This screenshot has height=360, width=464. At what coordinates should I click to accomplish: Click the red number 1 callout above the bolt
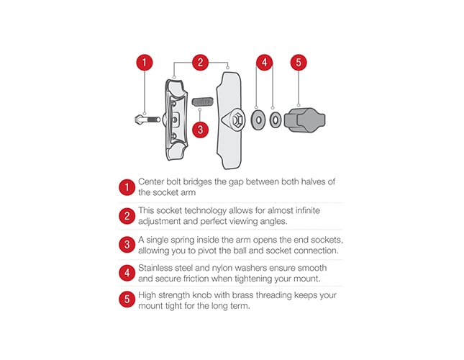[145, 63]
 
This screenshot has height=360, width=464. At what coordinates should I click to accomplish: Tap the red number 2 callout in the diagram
[200, 63]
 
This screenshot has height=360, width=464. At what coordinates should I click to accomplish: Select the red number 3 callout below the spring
[200, 130]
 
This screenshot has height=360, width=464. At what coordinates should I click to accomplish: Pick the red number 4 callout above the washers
[264, 63]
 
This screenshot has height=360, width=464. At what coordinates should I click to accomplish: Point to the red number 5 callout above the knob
[299, 63]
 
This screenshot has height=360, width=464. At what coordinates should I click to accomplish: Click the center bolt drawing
[147, 120]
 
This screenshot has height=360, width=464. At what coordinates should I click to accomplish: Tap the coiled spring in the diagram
[203, 102]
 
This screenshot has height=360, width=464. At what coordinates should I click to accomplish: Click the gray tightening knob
[304, 120]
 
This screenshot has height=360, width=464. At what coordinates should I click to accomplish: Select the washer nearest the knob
[276, 120]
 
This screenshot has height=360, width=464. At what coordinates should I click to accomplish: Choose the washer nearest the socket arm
[258, 120]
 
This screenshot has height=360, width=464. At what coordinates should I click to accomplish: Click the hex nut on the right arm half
[237, 120]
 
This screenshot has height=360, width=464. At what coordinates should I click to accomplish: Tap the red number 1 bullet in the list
[127, 187]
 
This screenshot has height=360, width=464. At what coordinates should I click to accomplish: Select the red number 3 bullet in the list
[127, 245]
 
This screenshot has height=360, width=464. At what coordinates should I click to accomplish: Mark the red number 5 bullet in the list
[127, 299]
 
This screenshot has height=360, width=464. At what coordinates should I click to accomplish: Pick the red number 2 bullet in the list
[127, 216]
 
